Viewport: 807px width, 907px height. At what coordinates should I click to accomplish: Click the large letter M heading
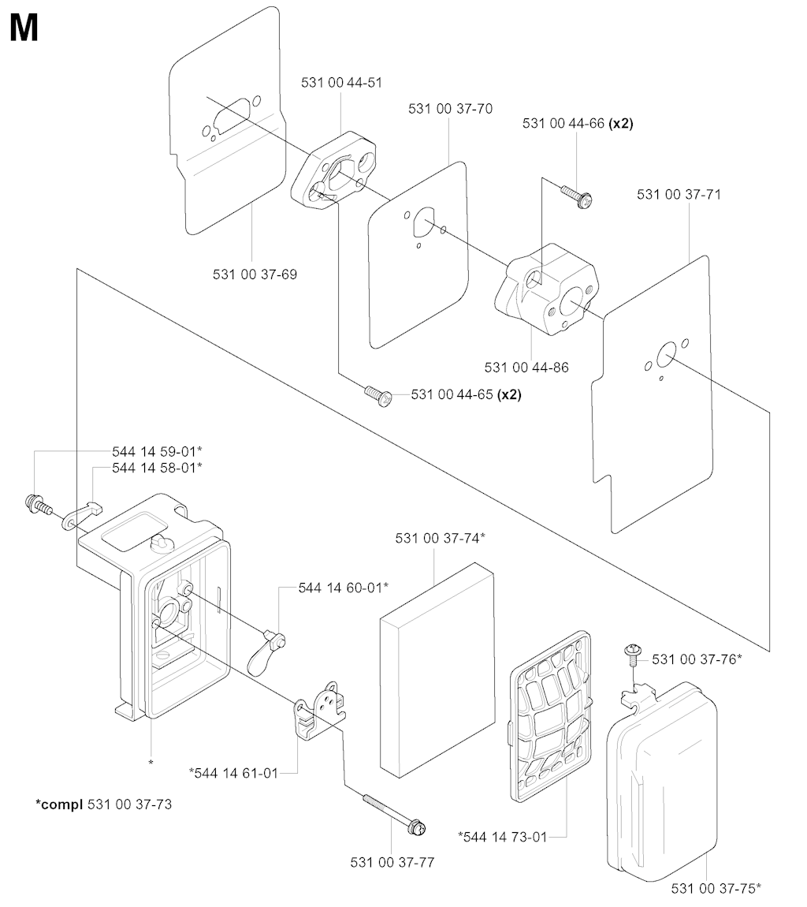coord(24,29)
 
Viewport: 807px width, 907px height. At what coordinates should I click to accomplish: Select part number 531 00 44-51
coord(341,83)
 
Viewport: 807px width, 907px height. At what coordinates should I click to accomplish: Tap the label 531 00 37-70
coord(450,109)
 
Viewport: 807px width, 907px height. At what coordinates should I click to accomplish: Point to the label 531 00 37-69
coord(255,274)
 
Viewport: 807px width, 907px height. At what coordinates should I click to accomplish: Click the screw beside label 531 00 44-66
coord(578,196)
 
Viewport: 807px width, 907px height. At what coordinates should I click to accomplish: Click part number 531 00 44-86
coord(526,367)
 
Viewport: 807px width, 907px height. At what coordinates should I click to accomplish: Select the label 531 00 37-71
coord(679,194)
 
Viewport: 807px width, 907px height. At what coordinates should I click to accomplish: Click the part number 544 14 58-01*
coord(157,468)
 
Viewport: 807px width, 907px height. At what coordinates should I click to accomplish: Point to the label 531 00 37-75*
coord(716,888)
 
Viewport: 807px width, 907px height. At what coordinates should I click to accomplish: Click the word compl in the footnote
coord(59,804)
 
